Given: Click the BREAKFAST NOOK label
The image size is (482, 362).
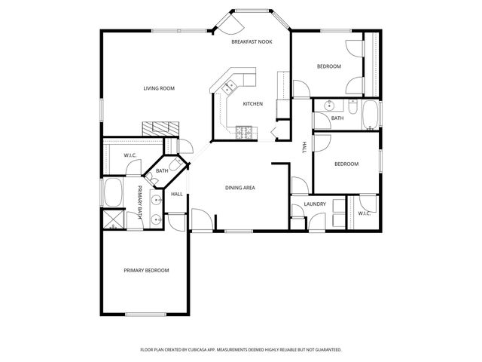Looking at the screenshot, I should pyautogui.click(x=251, y=42).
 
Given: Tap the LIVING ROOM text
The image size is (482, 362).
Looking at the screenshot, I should pyautogui.click(x=159, y=88).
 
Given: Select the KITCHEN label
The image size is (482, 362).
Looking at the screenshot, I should pyautogui.click(x=252, y=103).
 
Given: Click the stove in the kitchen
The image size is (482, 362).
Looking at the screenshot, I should pyautogui.click(x=246, y=133).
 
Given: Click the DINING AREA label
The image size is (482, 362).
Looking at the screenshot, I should pyautogui.click(x=240, y=187).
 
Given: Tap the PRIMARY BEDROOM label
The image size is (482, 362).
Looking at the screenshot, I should pyautogui.click(x=146, y=270).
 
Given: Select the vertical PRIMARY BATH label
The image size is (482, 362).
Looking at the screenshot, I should pyautogui.click(x=140, y=204).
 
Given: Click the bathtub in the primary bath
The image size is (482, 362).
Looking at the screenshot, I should pyautogui.click(x=114, y=194).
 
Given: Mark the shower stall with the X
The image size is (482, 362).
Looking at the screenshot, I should pyautogui.click(x=114, y=221).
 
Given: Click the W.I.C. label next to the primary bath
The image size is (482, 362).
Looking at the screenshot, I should pyautogui.click(x=130, y=155).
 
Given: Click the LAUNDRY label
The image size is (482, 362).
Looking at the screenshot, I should pyautogui.click(x=314, y=204).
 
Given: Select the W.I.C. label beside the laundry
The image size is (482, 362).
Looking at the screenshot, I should pyautogui.click(x=364, y=213).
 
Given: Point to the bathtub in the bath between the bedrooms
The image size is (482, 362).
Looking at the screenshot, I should pyautogui.click(x=371, y=115).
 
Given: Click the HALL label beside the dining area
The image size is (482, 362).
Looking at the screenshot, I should pyautogui.click(x=177, y=195).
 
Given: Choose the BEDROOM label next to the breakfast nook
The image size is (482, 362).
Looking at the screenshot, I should pyautogui.click(x=328, y=66).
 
